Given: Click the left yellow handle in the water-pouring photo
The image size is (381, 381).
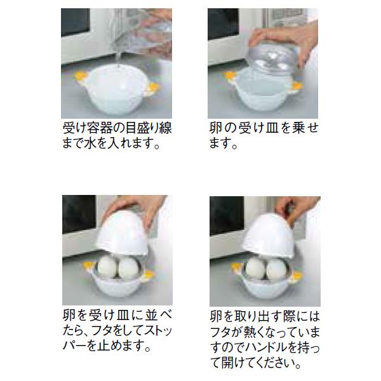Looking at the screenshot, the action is (81, 77).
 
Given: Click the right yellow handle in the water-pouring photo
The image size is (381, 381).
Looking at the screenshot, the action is (154, 87).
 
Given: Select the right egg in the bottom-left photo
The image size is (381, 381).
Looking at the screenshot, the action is (129, 268).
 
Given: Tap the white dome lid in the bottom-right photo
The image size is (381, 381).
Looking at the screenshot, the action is (269, 235).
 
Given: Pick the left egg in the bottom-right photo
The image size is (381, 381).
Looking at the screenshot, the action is (255, 269).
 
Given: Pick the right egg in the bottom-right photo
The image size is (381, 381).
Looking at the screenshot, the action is (276, 269).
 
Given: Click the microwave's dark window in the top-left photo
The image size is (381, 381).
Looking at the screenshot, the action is (76, 22).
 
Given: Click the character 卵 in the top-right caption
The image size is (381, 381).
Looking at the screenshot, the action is (215, 128).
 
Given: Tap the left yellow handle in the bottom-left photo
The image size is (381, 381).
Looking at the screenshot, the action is (89, 265).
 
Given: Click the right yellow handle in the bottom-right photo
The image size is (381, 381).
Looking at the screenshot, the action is (297, 276).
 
